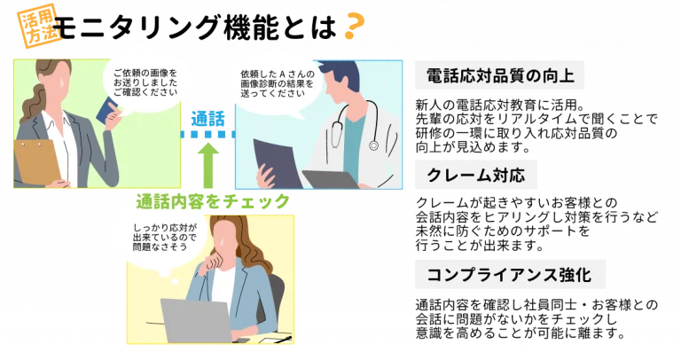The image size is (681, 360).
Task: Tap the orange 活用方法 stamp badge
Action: coord(39,26)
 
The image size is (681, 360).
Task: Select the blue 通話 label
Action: coord(208,119)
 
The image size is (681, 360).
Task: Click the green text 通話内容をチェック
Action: coord(213,201)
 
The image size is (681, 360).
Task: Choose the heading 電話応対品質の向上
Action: coord(500,75)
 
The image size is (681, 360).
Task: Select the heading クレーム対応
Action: coord(476,175)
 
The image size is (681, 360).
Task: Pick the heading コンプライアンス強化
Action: coord(510,275)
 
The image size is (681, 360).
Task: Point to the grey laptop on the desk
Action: coord(197,320)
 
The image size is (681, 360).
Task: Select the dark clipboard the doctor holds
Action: coord(278,163)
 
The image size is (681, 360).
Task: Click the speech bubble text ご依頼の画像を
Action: coord(145,73)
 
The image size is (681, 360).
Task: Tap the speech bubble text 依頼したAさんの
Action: coord(278,74)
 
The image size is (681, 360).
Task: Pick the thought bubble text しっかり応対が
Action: coord(165,228)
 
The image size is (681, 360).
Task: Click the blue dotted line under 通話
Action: coord(208,135)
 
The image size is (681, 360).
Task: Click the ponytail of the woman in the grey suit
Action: coord(36,102)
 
